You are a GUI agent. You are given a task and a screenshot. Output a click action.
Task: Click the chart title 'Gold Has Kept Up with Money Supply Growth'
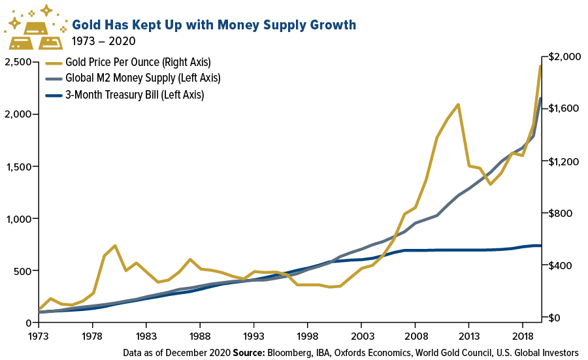click(x=214, y=25)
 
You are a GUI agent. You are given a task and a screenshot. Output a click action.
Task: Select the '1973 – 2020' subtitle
click(x=104, y=42)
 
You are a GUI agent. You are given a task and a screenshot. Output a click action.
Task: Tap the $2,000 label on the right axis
click(x=563, y=57)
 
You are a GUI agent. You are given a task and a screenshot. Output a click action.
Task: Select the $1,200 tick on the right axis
click(x=563, y=161)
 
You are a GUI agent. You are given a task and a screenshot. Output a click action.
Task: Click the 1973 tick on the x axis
click(x=39, y=335)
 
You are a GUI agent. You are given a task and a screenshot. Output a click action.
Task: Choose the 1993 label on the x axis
click(x=253, y=335)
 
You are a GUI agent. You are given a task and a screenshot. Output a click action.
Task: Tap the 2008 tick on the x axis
click(x=415, y=335)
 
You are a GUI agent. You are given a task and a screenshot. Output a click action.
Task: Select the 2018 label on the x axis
click(x=522, y=335)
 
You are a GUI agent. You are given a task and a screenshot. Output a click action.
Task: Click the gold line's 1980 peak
click(x=115, y=246)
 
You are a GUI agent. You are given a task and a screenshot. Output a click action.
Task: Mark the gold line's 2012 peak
click(x=458, y=105)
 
